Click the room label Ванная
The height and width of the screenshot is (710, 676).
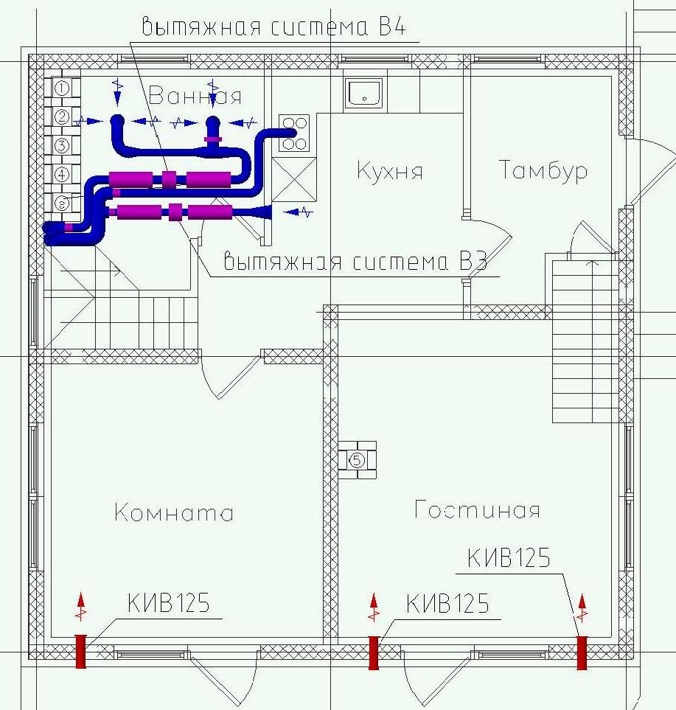[x=195, y=96]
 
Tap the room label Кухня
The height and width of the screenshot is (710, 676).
[x=390, y=171]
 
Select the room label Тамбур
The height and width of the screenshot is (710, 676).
[x=543, y=170]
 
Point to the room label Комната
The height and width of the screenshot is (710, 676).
[x=174, y=512]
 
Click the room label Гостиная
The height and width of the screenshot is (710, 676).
[x=477, y=509]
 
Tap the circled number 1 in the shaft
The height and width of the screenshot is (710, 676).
[x=62, y=88]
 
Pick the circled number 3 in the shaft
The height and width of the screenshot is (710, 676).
[x=62, y=145]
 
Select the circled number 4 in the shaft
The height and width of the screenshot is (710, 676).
[x=62, y=174]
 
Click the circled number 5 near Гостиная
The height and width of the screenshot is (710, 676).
[x=357, y=461]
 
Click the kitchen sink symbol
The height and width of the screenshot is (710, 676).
[x=363, y=93]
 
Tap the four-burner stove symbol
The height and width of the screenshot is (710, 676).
[x=294, y=133]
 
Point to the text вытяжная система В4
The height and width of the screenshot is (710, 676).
[x=274, y=27]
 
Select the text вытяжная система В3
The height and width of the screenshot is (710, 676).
[x=355, y=261]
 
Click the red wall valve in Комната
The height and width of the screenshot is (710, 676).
[x=80, y=651]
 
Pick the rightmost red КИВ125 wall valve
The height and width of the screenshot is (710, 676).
[x=582, y=652]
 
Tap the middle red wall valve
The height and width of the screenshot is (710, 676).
[x=374, y=652]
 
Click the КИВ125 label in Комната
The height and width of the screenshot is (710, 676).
[x=168, y=602]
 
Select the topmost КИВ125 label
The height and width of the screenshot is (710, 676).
[x=509, y=557]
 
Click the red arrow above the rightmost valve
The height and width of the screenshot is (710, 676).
[x=582, y=608]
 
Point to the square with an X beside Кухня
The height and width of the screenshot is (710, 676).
[x=294, y=179]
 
